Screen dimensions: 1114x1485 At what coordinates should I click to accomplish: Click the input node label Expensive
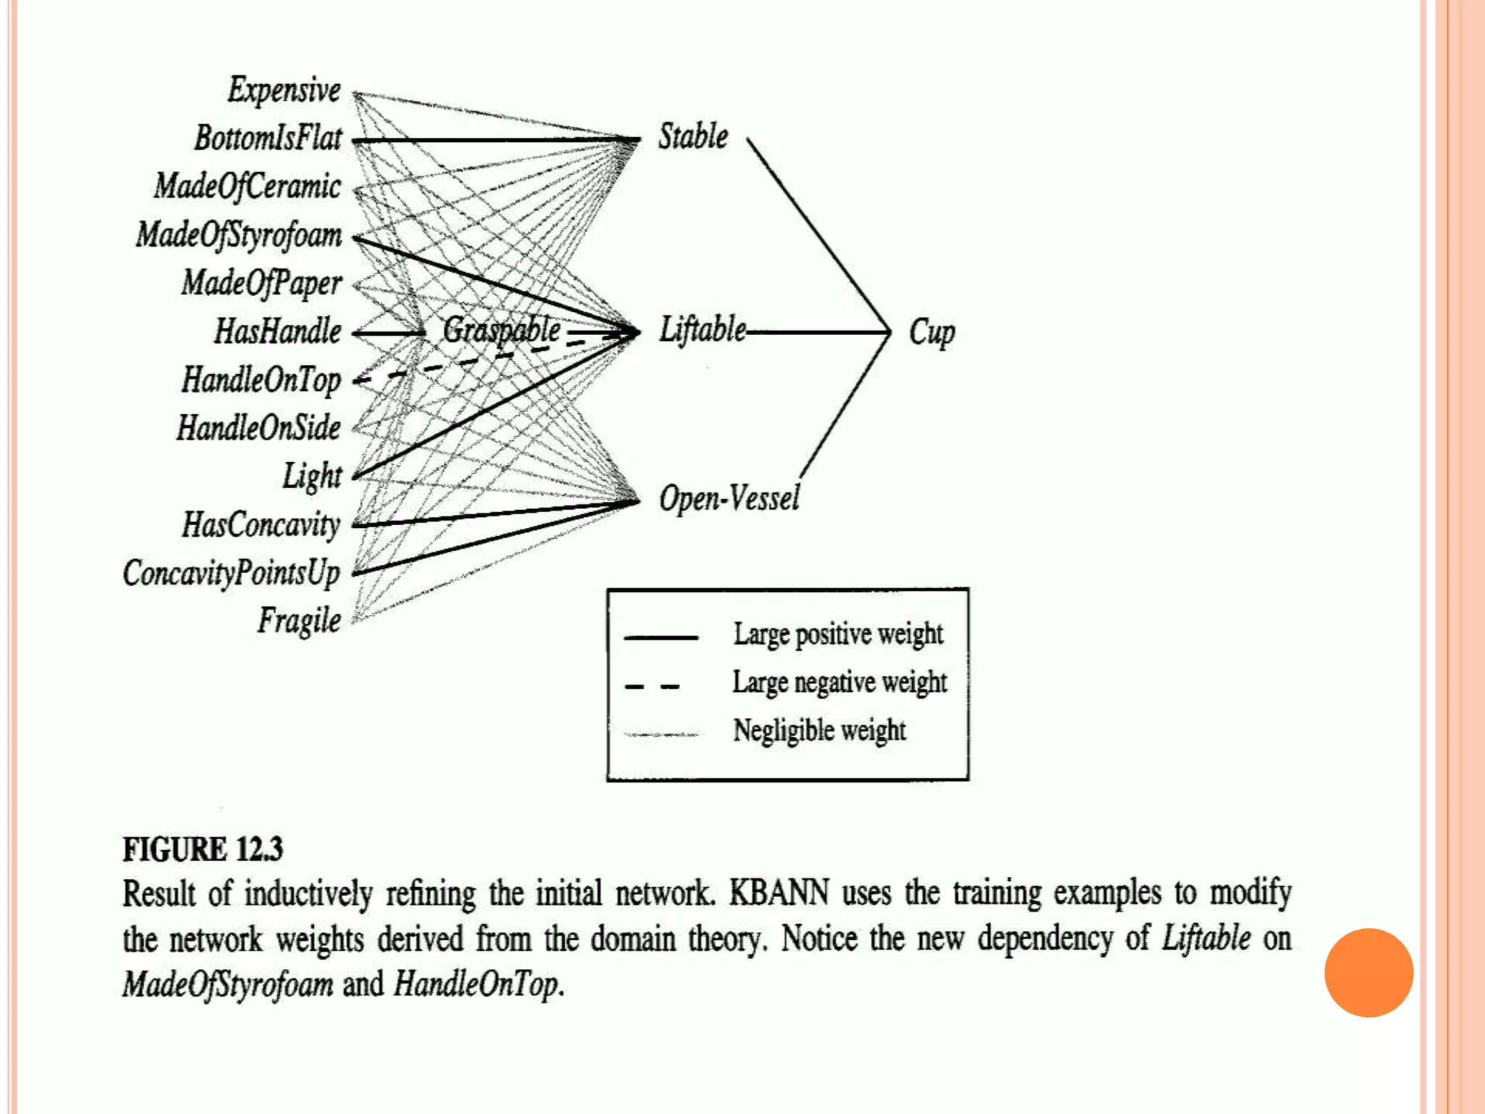(284, 91)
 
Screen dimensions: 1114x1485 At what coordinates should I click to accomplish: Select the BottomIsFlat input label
(268, 139)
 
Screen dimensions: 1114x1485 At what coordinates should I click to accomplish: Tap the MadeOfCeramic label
(247, 186)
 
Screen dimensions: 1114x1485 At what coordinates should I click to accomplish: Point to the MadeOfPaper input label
(261, 283)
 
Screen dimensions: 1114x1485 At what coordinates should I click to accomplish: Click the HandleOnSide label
(258, 428)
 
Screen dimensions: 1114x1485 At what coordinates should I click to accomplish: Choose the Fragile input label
(299, 621)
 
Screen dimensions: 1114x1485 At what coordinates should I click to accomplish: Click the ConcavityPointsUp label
(231, 573)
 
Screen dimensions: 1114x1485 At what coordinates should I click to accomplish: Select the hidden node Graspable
(501, 331)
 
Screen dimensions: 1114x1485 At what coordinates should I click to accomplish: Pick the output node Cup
(932, 333)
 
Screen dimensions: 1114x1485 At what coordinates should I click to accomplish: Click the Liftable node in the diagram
(702, 330)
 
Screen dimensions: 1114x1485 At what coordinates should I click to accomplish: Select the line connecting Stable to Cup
(818, 234)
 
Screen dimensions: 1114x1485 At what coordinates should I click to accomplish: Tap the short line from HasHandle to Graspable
(389, 333)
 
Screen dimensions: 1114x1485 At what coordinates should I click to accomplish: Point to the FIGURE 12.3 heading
(202, 849)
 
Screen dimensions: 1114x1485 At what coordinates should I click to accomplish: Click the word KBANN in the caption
(779, 893)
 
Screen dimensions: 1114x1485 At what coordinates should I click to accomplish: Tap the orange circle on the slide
(1368, 973)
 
